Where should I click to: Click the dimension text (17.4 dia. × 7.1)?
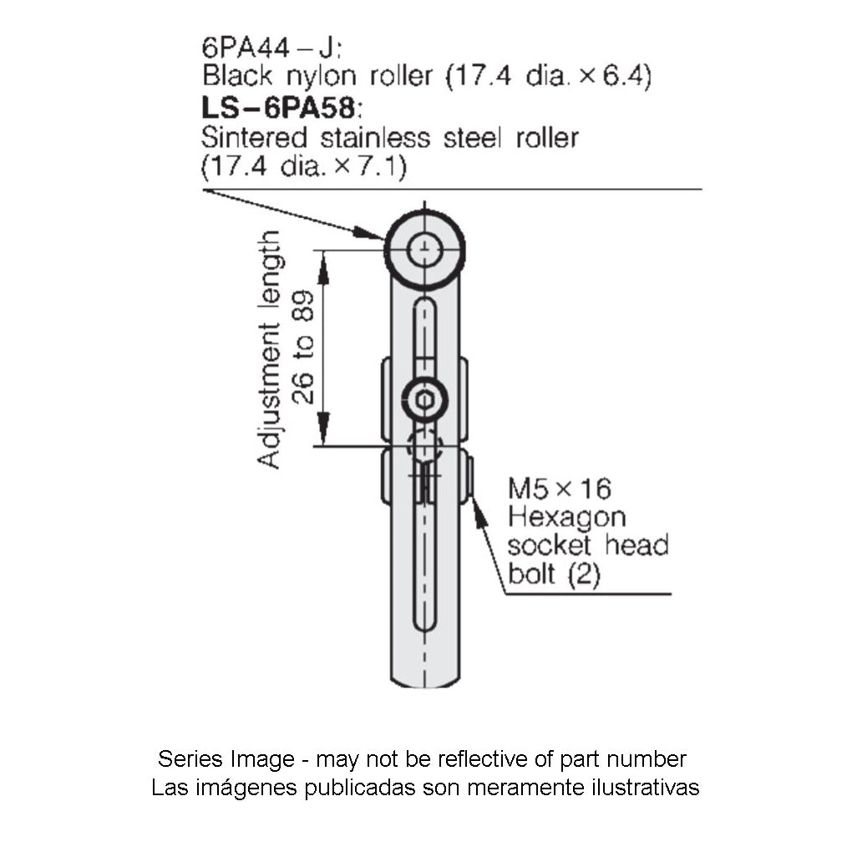(303, 166)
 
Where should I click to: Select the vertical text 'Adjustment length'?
(269, 351)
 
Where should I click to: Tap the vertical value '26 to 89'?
(305, 347)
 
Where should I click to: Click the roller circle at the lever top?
(425, 249)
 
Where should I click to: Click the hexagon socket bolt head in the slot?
(424, 401)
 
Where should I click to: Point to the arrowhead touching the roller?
(371, 233)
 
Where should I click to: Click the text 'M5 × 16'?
(560, 488)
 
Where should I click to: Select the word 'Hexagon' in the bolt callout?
(566, 517)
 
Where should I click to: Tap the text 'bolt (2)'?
(553, 576)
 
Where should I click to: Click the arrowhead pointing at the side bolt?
(479, 513)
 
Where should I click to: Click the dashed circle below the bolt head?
(424, 444)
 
